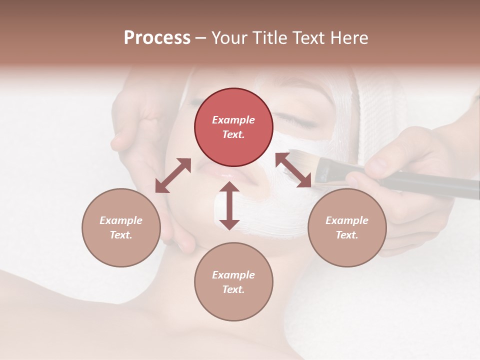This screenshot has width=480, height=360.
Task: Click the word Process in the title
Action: coord(157,38)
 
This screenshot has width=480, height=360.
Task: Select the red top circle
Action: coord(233,127)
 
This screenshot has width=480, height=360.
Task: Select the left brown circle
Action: coord(121,227)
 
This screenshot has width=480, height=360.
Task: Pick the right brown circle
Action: coord(347,227)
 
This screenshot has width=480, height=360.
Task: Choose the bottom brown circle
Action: coord(233,281)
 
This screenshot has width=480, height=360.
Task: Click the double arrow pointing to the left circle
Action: coord(173,175)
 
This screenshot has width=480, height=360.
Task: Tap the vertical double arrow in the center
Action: coord(229,205)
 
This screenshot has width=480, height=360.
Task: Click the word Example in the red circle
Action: coord(233,120)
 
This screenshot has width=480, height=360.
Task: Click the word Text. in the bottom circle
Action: coord(233,289)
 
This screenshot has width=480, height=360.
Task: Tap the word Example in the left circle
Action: coord(121,220)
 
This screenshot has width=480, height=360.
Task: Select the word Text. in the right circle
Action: coord(347,235)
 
